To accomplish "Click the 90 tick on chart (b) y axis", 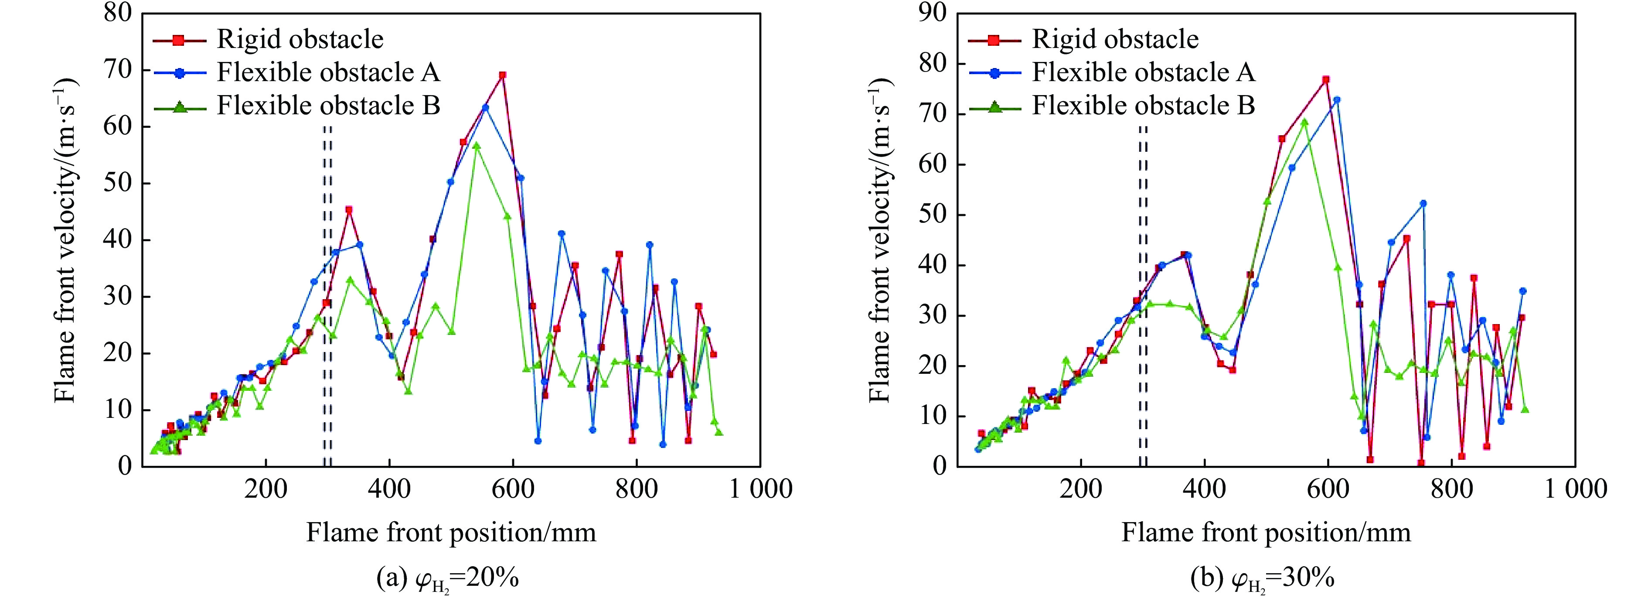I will (x=933, y=12).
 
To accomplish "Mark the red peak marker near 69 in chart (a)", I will (x=502, y=75).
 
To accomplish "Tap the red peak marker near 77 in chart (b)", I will (x=1325, y=79).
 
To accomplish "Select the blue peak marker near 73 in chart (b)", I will (x=1336, y=100).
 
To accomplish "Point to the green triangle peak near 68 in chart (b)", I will (x=1304, y=122).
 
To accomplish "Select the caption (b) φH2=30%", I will (x=1262, y=578).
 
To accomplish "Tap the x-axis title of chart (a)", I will (x=451, y=533).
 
